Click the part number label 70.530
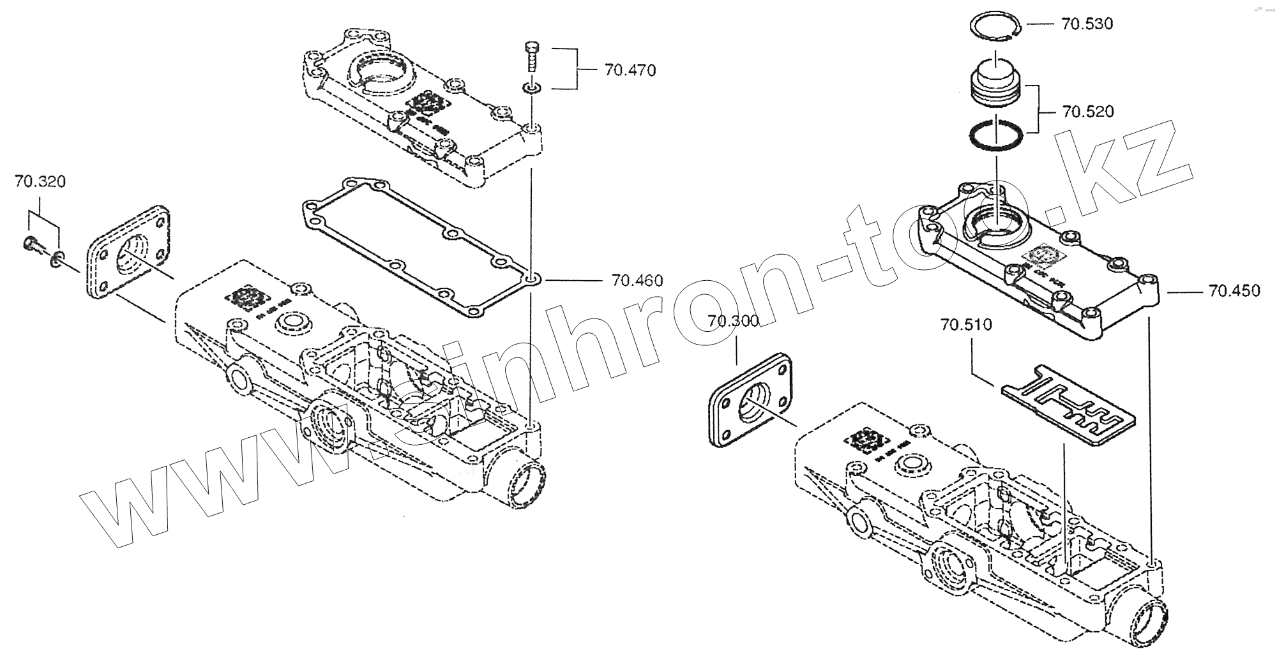pyautogui.click(x=1087, y=24)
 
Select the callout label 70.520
pyautogui.click(x=1088, y=112)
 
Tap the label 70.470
pyautogui.click(x=630, y=70)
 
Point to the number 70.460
pyautogui.click(x=637, y=280)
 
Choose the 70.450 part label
pyautogui.click(x=1234, y=291)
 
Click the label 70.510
pyautogui.click(x=965, y=325)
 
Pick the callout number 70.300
pyautogui.click(x=732, y=320)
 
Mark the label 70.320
pyautogui.click(x=40, y=182)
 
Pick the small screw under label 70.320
pyautogui.click(x=32, y=243)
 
